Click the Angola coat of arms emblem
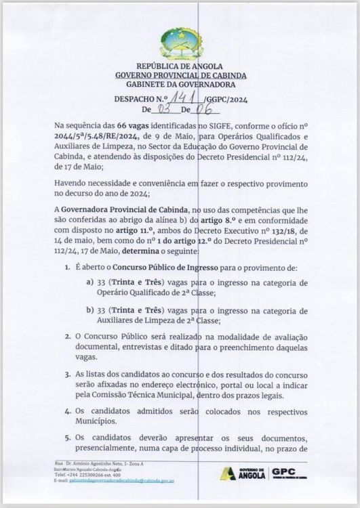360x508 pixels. [x=180, y=42]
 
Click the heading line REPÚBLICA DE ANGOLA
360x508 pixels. [x=180, y=66]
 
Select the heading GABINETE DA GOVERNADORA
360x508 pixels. [x=180, y=85]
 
